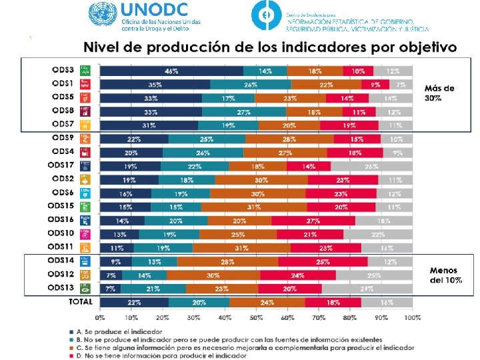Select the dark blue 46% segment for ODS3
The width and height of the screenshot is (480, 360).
171,71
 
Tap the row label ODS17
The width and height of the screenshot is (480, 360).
60,166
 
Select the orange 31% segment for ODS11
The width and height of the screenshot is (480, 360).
241,247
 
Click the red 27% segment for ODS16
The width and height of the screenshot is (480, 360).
313,221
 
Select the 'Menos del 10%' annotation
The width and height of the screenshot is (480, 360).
443,275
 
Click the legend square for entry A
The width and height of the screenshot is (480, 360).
71,331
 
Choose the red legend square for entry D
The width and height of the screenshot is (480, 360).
71,353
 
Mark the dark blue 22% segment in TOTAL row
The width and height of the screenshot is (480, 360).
134,302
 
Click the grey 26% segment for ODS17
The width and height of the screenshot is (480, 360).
372,166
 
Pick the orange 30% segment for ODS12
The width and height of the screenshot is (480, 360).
213,275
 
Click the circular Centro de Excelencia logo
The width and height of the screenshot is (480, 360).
266,17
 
